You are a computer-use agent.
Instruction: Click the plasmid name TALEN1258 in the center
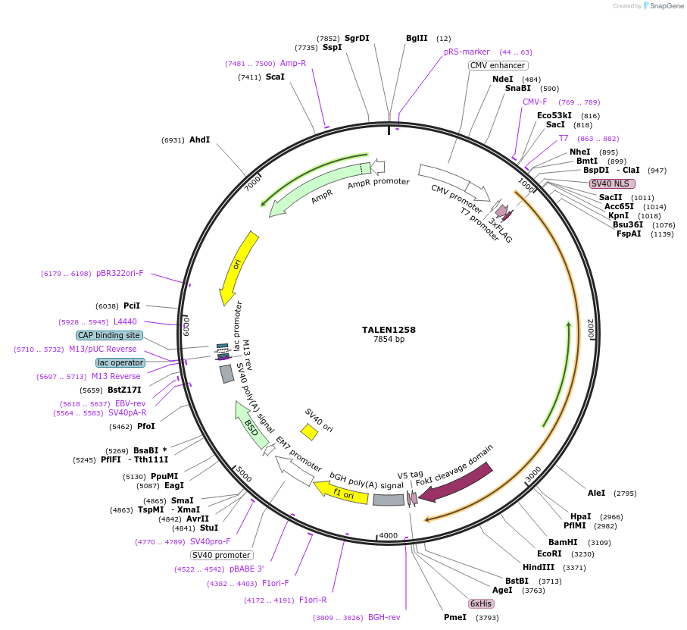click(389, 330)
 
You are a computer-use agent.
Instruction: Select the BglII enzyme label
click(417, 38)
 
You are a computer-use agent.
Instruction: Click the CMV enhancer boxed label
click(498, 65)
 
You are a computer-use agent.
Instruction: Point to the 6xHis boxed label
click(481, 603)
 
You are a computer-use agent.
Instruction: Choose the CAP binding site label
click(109, 335)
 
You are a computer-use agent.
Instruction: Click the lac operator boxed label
click(120, 362)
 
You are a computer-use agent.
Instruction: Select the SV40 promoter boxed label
click(222, 555)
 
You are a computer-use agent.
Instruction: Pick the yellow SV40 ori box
click(309, 431)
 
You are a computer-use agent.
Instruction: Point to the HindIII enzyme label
click(539, 567)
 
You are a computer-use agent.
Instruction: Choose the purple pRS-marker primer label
click(467, 52)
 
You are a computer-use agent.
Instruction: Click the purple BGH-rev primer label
click(384, 617)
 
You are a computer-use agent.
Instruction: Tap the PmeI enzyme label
click(455, 617)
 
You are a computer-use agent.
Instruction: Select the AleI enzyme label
click(597, 493)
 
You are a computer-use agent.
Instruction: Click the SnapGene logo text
click(663, 6)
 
